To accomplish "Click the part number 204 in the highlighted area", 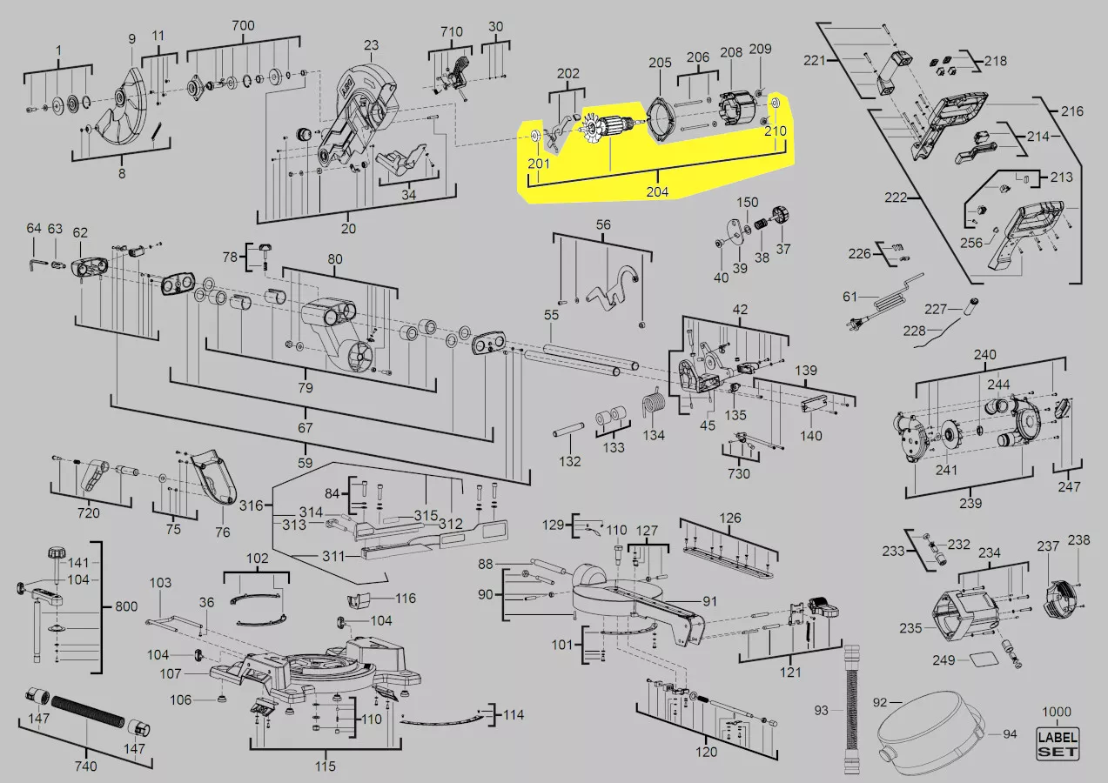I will (657, 191).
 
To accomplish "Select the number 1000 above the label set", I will (1057, 712).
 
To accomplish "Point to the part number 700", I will (243, 25).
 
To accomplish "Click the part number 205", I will (660, 63).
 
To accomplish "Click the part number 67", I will (305, 427).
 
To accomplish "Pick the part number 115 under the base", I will (325, 766).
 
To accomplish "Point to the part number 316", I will (251, 505).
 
